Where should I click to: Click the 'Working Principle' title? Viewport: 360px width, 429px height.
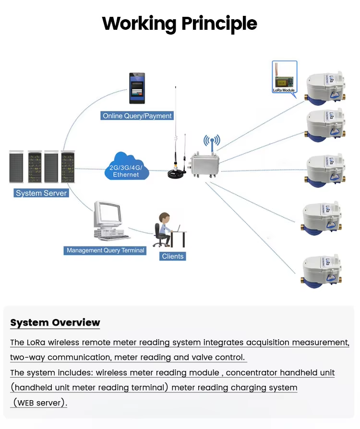coord(180,23)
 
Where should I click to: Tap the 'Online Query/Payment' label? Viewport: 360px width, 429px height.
coord(137,116)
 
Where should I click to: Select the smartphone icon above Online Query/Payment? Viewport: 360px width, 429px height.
coord(137,88)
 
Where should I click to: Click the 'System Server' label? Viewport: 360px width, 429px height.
coord(41,193)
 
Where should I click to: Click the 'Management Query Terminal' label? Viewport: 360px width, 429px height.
coord(105,250)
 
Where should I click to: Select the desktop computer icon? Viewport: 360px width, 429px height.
coord(110,221)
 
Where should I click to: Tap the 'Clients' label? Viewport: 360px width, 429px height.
coord(173,256)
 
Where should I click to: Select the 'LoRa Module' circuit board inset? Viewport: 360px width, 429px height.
coord(284,76)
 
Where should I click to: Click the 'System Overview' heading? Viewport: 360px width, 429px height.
coord(55,322)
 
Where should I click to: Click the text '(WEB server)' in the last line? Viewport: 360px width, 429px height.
coord(40,403)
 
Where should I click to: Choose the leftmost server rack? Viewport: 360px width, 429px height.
coord(17,167)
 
